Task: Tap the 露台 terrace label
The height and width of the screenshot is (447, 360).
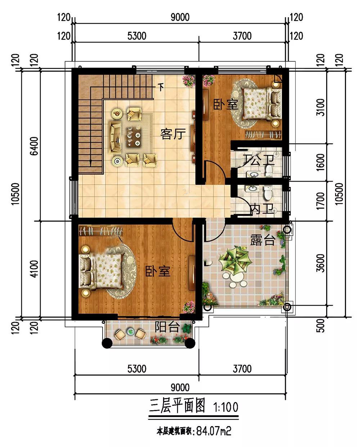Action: click(263, 240)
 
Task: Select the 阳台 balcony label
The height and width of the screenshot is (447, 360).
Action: click(167, 327)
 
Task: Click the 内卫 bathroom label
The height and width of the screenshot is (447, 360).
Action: click(262, 209)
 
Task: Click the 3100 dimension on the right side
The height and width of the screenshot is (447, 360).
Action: click(321, 107)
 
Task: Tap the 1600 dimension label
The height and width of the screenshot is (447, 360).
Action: click(321, 162)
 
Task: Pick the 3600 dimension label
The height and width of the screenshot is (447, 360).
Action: click(321, 263)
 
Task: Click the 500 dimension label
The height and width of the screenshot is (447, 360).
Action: click(321, 326)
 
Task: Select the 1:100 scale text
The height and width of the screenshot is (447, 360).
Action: click(226, 407)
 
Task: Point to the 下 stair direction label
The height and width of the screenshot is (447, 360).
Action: click(161, 87)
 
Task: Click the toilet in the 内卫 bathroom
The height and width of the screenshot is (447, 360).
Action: click(268, 193)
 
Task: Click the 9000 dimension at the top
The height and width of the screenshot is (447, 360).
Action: click(180, 17)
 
